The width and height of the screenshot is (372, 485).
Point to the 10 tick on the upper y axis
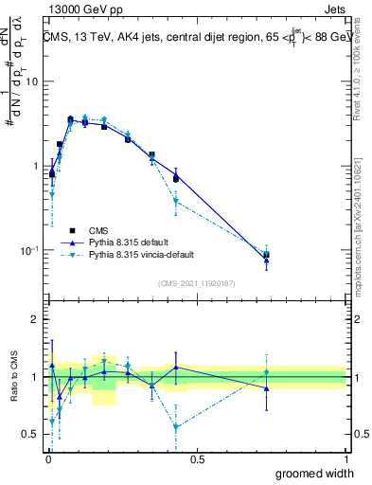pyautogui.click(x=32, y=81)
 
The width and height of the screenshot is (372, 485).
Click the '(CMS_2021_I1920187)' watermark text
pyautogui.click(x=196, y=282)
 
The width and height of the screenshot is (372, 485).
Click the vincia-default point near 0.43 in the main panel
pyautogui.click(x=176, y=201)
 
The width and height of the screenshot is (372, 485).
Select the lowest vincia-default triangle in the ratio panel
pyautogui.click(x=176, y=427)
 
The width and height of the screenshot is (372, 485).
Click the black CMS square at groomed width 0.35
pyautogui.click(x=151, y=154)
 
